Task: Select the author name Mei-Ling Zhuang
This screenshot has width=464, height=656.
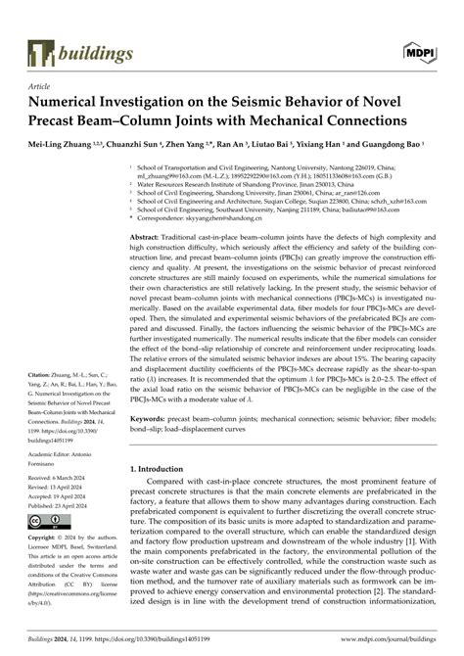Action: [58, 144]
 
